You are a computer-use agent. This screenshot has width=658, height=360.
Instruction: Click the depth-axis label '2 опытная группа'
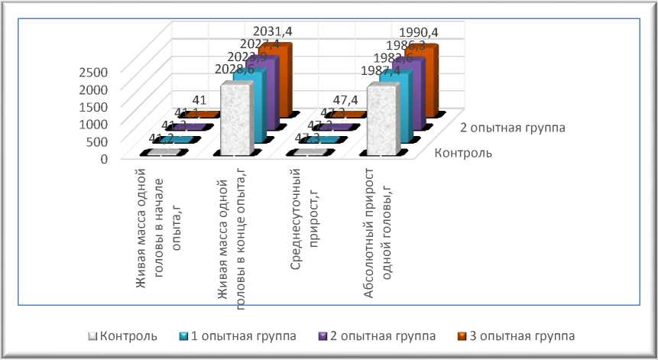[x=518, y=128]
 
